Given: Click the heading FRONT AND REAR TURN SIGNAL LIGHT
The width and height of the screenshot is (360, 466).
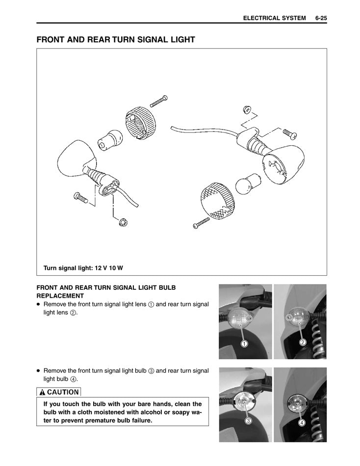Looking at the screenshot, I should pos(116,40).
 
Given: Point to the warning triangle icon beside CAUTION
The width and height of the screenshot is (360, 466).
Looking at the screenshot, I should pos(43,392).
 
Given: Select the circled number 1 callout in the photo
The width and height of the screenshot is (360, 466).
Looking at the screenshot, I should pos(244,343).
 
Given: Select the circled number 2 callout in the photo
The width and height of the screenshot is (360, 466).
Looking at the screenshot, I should pos(303,342).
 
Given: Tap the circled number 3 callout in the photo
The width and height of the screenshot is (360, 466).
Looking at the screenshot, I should pos(249,421).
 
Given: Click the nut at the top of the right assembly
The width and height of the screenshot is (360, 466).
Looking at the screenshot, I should pos(247,108).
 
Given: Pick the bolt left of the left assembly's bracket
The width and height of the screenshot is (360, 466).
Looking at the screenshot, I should pos(80,198).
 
